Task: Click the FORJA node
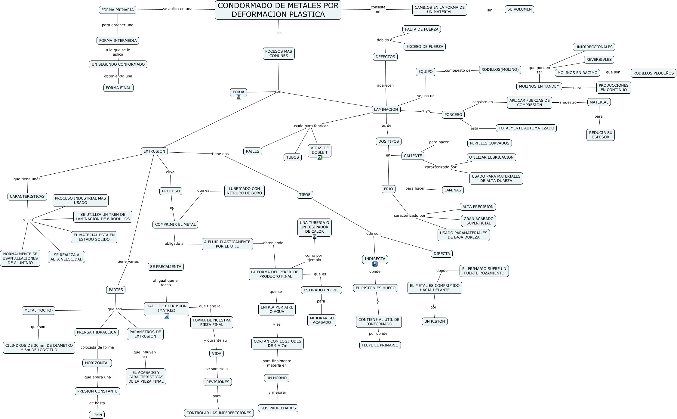tap(238, 92)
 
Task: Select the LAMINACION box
tap(386, 110)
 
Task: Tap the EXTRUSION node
tap(154, 151)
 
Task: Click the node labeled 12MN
tap(97, 415)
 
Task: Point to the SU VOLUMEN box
tap(519, 9)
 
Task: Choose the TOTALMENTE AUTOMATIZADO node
tap(526, 128)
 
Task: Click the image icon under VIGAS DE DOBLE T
tap(320, 157)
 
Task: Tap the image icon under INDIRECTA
tap(375, 264)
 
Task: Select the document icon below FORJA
tap(238, 97)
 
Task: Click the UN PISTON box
tap(434, 321)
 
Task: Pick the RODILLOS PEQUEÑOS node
tap(653, 73)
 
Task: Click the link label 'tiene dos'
tap(220, 154)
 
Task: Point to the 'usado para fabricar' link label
tap(310, 126)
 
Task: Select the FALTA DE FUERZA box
tap(421, 29)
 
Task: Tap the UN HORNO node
tap(276, 378)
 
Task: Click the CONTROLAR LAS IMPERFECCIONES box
tap(219, 413)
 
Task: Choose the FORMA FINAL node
tap(118, 88)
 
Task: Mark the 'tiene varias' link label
tap(128, 262)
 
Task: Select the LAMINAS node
tap(452, 190)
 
